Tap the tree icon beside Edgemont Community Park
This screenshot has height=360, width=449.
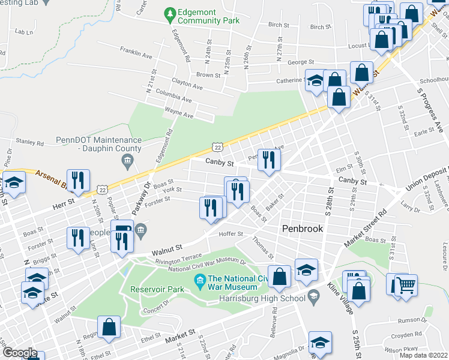tap(170, 13)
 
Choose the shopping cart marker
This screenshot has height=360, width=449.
tap(406, 284)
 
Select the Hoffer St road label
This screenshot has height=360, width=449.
tap(231, 234)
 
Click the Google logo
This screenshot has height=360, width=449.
tap(19, 353)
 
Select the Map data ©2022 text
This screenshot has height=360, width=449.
tap(419, 355)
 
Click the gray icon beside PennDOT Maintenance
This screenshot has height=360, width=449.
tap(127, 160)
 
